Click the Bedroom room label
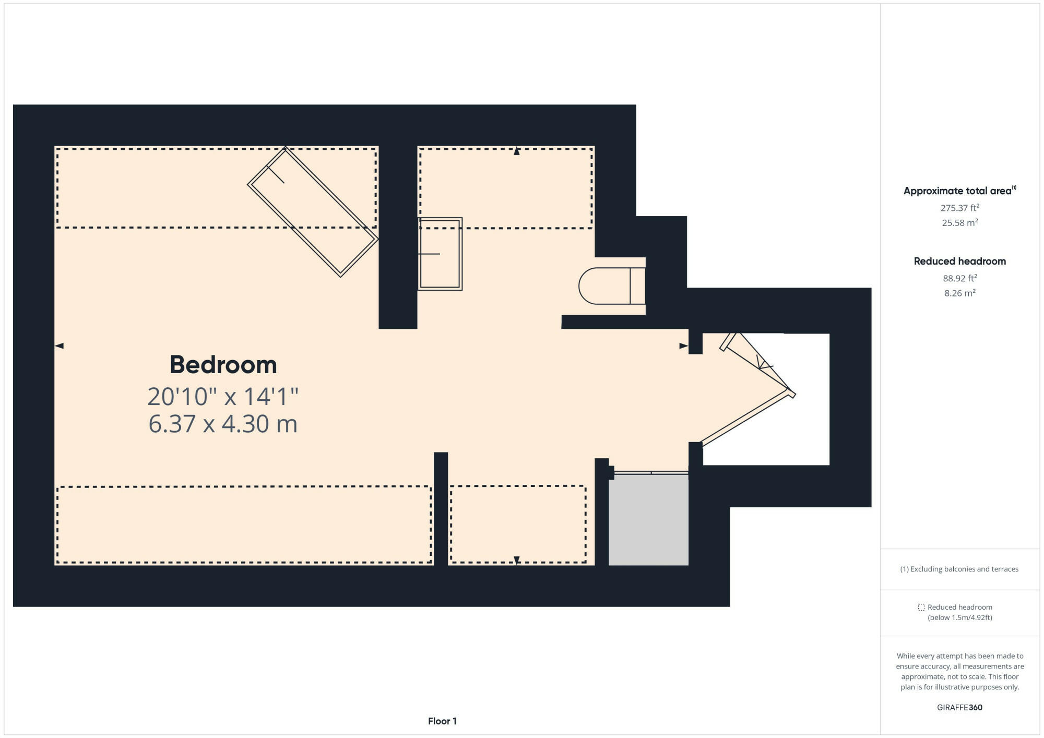coord(223,364)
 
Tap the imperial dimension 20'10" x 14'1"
coord(223,396)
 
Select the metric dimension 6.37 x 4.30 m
coord(223,423)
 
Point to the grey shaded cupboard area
coord(648,519)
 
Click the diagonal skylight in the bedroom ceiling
coord(312,212)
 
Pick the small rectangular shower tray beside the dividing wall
coord(440,254)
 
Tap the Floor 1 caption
coord(442,721)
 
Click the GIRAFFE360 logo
coord(959,707)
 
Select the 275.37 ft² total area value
coord(959,208)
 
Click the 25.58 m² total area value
coord(959,222)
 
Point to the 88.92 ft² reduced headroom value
coord(959,278)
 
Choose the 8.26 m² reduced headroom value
coord(959,293)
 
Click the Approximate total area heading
coord(958,191)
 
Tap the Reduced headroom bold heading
coord(959,261)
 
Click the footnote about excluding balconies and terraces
coord(959,569)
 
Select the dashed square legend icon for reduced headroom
coord(921,607)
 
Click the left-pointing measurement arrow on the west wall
coord(59,346)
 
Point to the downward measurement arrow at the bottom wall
coord(517,560)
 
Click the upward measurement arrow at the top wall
coord(517,151)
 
